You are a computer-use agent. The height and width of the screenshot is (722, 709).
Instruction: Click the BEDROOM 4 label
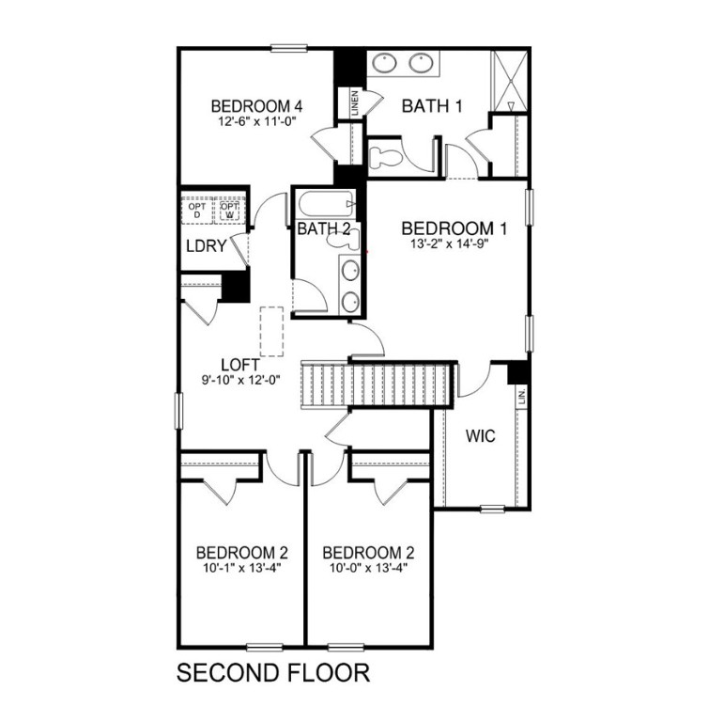pos(255,105)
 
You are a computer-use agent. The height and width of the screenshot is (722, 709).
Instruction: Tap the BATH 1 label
pos(432,105)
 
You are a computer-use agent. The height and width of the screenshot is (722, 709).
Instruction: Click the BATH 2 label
pos(324,228)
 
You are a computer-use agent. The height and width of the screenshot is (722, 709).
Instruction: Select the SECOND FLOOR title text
pos(273,673)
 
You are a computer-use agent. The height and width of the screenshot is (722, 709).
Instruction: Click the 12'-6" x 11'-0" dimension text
pos(255,121)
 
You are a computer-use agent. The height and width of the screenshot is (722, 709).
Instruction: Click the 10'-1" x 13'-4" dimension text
pos(241,568)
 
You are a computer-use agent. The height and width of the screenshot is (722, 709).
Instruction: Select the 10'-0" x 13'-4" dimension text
pos(367,568)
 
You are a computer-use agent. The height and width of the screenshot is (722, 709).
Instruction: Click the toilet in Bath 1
pos(385,154)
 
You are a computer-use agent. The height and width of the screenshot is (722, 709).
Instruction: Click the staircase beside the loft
pos(376,384)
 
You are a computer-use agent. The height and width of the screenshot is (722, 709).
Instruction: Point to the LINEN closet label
pos(354,102)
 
